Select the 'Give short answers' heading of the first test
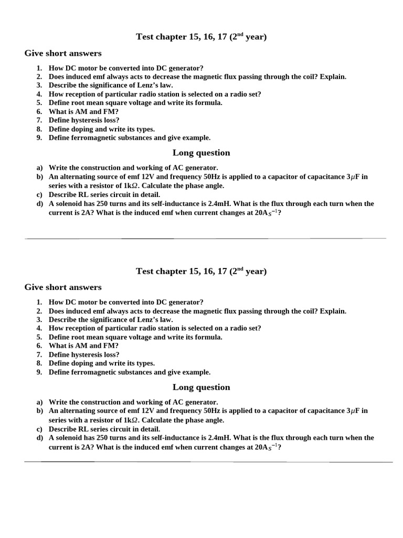pyautogui.click(x=63, y=53)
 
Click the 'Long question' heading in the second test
pyautogui.click(x=201, y=387)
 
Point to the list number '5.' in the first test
pyautogui.click(x=39, y=103)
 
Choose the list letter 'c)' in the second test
pyautogui.click(x=39, y=429)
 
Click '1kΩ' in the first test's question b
pyautogui.click(x=129, y=186)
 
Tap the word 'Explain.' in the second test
pyautogui.click(x=333, y=311)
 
